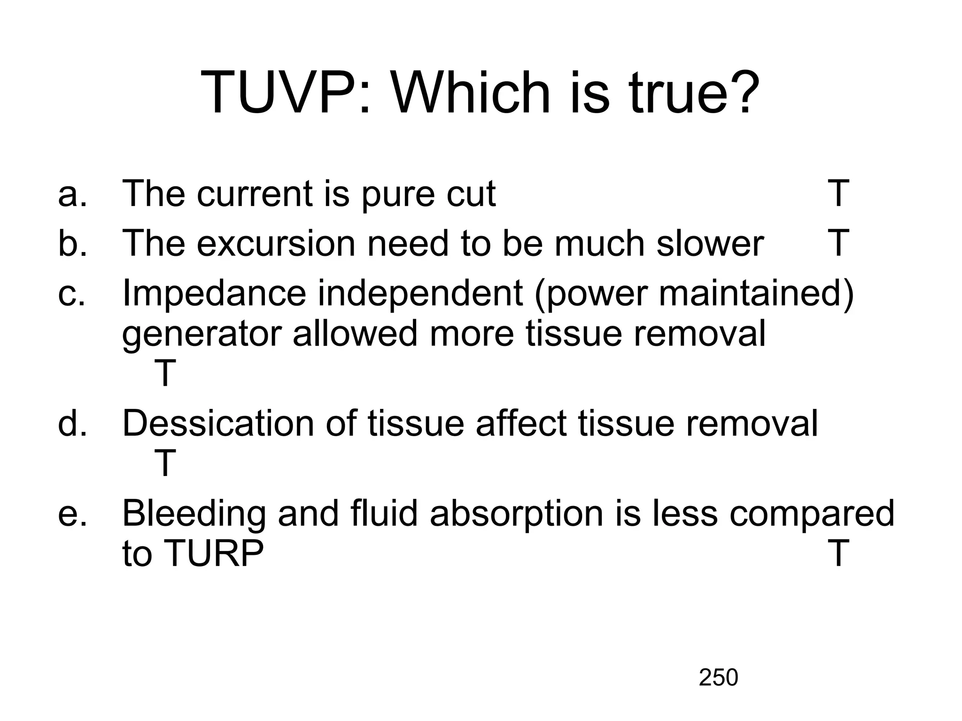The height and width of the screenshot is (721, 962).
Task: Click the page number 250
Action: tap(718, 678)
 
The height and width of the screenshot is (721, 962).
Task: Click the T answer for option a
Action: tap(838, 193)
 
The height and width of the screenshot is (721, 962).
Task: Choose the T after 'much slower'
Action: tap(838, 243)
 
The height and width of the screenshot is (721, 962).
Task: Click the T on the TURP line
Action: tap(838, 553)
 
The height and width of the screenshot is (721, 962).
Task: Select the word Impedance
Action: tap(214, 294)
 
